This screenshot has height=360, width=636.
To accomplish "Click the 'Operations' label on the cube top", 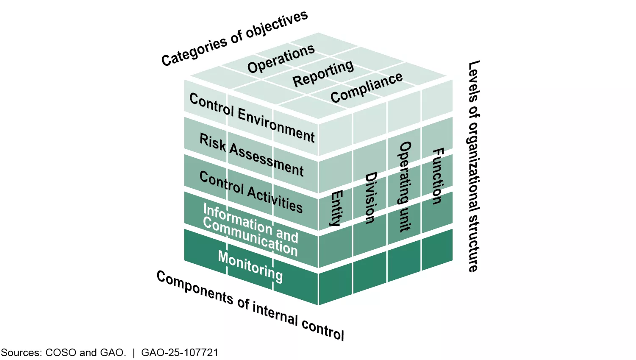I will (281, 59).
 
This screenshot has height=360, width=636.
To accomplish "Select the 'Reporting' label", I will (323, 73).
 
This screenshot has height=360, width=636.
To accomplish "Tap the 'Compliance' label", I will (367, 88).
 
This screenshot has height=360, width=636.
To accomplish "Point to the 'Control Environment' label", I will (252, 117).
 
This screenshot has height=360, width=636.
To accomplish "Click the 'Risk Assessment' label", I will (252, 155).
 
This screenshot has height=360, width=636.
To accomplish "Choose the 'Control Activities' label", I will (251, 192).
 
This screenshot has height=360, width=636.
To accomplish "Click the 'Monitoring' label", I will (250, 266).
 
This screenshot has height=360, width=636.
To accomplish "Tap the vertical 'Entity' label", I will (336, 208).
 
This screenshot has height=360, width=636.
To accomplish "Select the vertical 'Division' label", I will (370, 198).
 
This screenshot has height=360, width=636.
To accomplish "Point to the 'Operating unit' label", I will (405, 187).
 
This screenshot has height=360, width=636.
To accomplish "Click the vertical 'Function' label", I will (438, 176).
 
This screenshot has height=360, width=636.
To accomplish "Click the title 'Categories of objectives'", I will (234, 38).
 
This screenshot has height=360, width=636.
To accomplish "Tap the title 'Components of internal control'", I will (250, 305).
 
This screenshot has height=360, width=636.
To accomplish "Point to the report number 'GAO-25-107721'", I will (180, 353).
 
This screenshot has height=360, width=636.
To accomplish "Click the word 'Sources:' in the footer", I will (21, 353).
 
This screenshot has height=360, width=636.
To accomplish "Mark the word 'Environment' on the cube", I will (276, 125).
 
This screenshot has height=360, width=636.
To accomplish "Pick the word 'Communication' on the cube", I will (250, 237).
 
